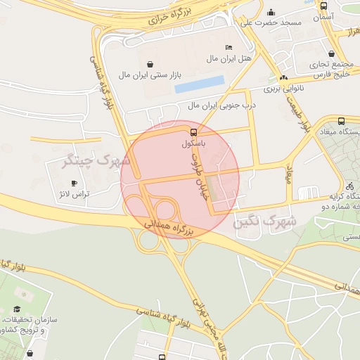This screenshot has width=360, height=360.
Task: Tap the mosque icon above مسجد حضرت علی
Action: tap(271, 12)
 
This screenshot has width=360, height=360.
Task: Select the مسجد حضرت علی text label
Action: tap(271, 22)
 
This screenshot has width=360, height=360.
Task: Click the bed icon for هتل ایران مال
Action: tap(229, 47)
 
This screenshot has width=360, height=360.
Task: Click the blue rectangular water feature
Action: tap(200, 84)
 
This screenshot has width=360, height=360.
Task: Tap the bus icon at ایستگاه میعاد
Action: tap(341, 120)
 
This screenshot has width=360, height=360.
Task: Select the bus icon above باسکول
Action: tap(193, 131)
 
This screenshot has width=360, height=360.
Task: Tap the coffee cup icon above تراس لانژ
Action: tap(75, 184)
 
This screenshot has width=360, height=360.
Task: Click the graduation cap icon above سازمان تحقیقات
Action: tap(16, 309)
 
